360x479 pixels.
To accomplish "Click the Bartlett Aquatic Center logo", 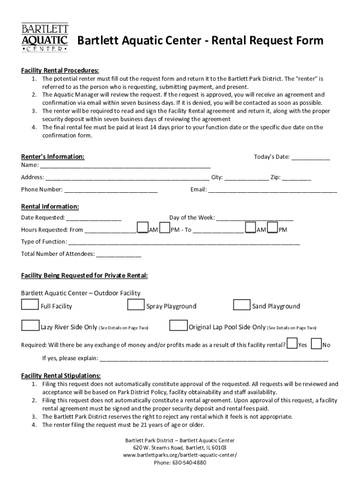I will pyautogui.click(x=45, y=37).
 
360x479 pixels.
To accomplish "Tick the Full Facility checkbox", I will pyautogui.click(x=30, y=305).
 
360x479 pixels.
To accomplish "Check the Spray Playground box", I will pyautogui.click(x=136, y=305).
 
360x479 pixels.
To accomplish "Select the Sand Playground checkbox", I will pyautogui.click(x=242, y=305).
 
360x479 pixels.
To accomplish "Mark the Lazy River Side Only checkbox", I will pyautogui.click(x=30, y=326).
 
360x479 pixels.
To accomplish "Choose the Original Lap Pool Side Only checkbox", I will pyautogui.click(x=178, y=326).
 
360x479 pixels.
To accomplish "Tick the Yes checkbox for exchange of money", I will pyautogui.click(x=292, y=344).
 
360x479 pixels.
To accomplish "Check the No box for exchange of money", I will pyautogui.click(x=316, y=344).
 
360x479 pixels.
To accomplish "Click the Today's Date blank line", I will pyautogui.click(x=311, y=158).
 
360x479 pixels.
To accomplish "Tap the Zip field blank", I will pyautogui.click(x=296, y=178).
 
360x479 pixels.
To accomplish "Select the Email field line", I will pyautogui.click(x=272, y=190).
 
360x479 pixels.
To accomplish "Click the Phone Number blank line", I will pyautogui.click(x=111, y=190).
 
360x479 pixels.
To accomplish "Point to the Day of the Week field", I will pyautogui.click(x=255, y=218).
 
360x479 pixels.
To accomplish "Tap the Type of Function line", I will pyautogui.click(x=184, y=242).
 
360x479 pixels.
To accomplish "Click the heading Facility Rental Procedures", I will pyautogui.click(x=60, y=70).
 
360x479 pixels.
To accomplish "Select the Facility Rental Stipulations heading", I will pyautogui.click(x=61, y=376).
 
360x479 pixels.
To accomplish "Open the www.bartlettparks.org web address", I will pyautogui.click(x=180, y=455).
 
